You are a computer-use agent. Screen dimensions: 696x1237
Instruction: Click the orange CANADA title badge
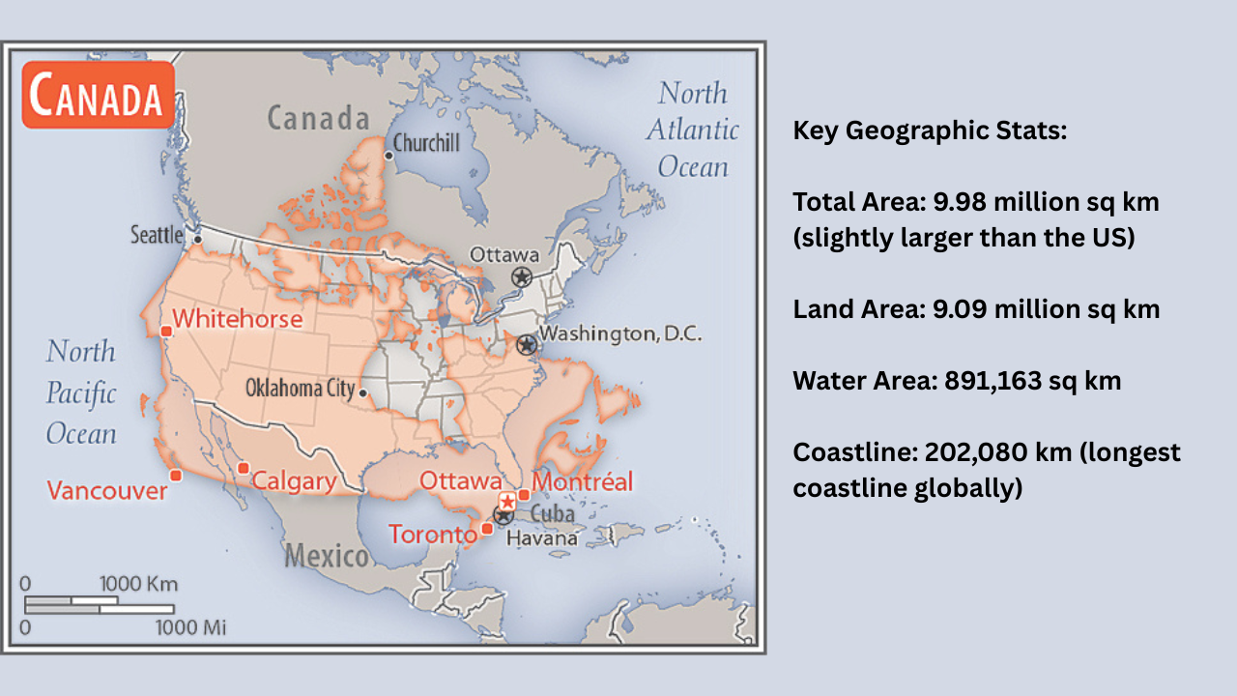click(x=98, y=96)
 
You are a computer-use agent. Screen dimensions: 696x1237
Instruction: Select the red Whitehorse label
click(x=237, y=319)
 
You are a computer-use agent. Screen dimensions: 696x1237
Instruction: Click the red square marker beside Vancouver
click(x=175, y=475)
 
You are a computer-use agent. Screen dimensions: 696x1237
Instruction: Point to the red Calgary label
click(x=294, y=481)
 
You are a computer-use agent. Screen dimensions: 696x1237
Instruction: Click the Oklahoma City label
click(x=300, y=389)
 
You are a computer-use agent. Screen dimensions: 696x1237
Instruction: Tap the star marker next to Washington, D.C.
click(x=526, y=344)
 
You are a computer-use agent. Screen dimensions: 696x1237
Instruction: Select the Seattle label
click(x=157, y=235)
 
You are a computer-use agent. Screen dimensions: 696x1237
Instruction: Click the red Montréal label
click(x=583, y=481)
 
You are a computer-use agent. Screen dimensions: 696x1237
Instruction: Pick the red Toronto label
click(x=433, y=534)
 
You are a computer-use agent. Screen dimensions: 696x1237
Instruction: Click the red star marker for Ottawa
click(x=506, y=501)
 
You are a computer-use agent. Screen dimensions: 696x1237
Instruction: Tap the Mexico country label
click(x=326, y=556)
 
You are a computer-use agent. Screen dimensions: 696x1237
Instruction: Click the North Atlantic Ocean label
click(x=692, y=130)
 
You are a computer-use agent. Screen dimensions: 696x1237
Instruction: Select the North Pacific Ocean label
click(x=81, y=391)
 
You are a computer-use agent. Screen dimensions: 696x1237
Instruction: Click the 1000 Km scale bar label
click(x=138, y=584)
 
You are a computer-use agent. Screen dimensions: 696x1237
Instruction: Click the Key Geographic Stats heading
click(x=930, y=130)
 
